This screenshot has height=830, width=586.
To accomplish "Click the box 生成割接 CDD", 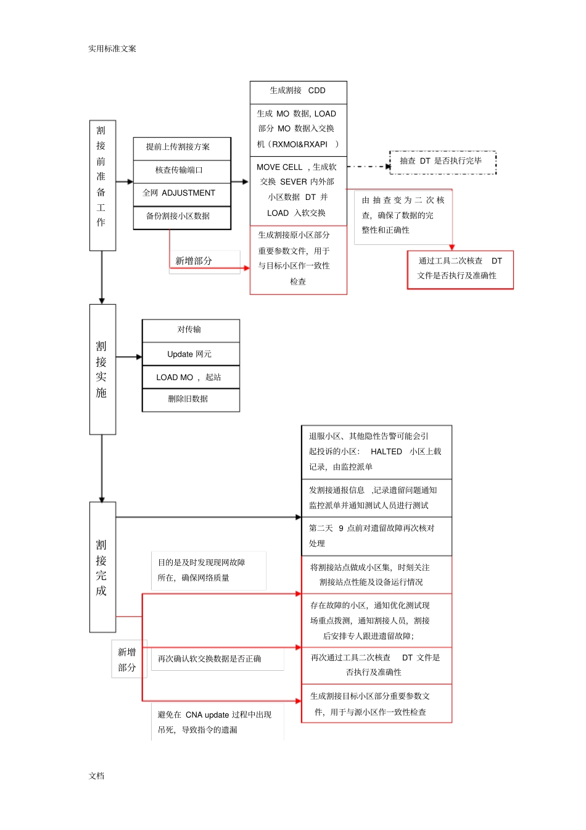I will pos(298,91).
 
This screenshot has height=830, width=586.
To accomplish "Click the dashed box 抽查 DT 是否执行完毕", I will pos(442,162).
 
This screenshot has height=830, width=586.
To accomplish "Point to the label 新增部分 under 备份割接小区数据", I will pos(194,261).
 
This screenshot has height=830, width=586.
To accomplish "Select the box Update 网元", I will pos(191,354).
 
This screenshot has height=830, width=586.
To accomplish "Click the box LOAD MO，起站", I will pos(191,377).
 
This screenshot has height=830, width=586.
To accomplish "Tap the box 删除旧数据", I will pos(191,400).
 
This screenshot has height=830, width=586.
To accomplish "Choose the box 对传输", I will pos(191,330).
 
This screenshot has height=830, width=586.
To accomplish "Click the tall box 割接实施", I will pos(102,369).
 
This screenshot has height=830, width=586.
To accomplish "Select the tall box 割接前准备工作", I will pos(102,185).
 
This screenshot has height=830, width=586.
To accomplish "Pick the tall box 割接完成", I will pos(102,566).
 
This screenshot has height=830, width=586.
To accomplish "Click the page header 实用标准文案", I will pos(112,49).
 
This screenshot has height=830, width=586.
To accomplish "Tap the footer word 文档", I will pos(97,776).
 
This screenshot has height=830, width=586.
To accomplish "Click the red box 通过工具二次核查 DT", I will pos(460,269).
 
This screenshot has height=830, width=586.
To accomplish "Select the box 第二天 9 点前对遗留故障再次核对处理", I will pos(376,536).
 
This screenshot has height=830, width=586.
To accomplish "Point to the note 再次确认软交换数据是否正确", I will pos(210,659).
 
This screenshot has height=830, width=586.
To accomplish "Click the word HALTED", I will pos(386,452).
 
